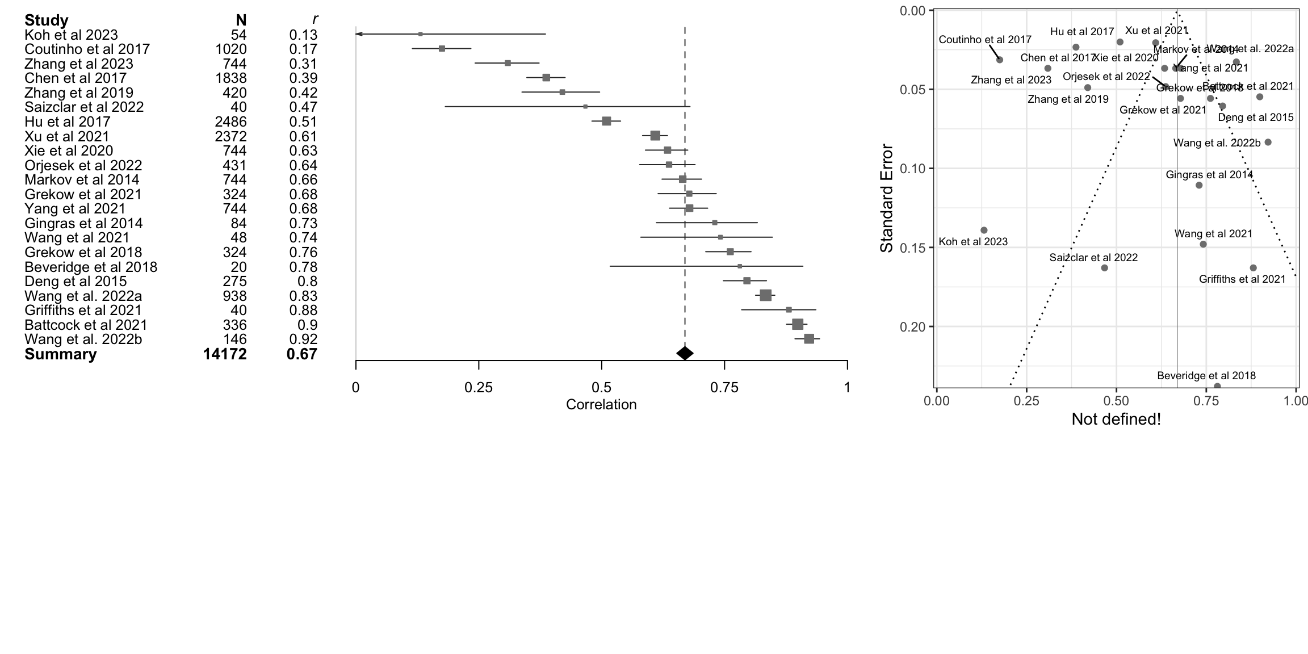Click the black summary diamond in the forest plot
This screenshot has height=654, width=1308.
(x=685, y=353)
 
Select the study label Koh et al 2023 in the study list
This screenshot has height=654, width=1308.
(x=71, y=35)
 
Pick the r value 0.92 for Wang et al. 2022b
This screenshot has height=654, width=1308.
(x=303, y=339)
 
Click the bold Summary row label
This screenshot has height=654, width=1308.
(x=60, y=354)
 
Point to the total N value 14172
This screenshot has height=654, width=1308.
(x=225, y=354)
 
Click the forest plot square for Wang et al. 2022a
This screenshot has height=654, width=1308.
(x=765, y=295)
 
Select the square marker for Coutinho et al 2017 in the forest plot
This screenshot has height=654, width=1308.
(x=442, y=49)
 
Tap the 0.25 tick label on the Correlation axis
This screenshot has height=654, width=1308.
(x=479, y=388)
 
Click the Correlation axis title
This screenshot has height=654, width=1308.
(x=601, y=405)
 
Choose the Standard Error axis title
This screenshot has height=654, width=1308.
(x=886, y=199)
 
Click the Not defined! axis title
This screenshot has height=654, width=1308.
(x=1116, y=420)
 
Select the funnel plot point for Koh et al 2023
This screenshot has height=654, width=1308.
(x=984, y=230)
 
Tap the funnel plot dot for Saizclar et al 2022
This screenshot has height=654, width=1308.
(x=1104, y=268)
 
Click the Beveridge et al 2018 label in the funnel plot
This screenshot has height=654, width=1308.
(x=1206, y=376)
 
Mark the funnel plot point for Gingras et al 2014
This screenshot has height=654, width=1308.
(x=1199, y=185)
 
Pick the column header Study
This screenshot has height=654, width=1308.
(x=47, y=20)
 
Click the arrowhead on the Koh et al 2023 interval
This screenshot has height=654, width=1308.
(x=358, y=34)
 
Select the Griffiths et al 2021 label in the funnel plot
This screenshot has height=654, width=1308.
(x=1242, y=279)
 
